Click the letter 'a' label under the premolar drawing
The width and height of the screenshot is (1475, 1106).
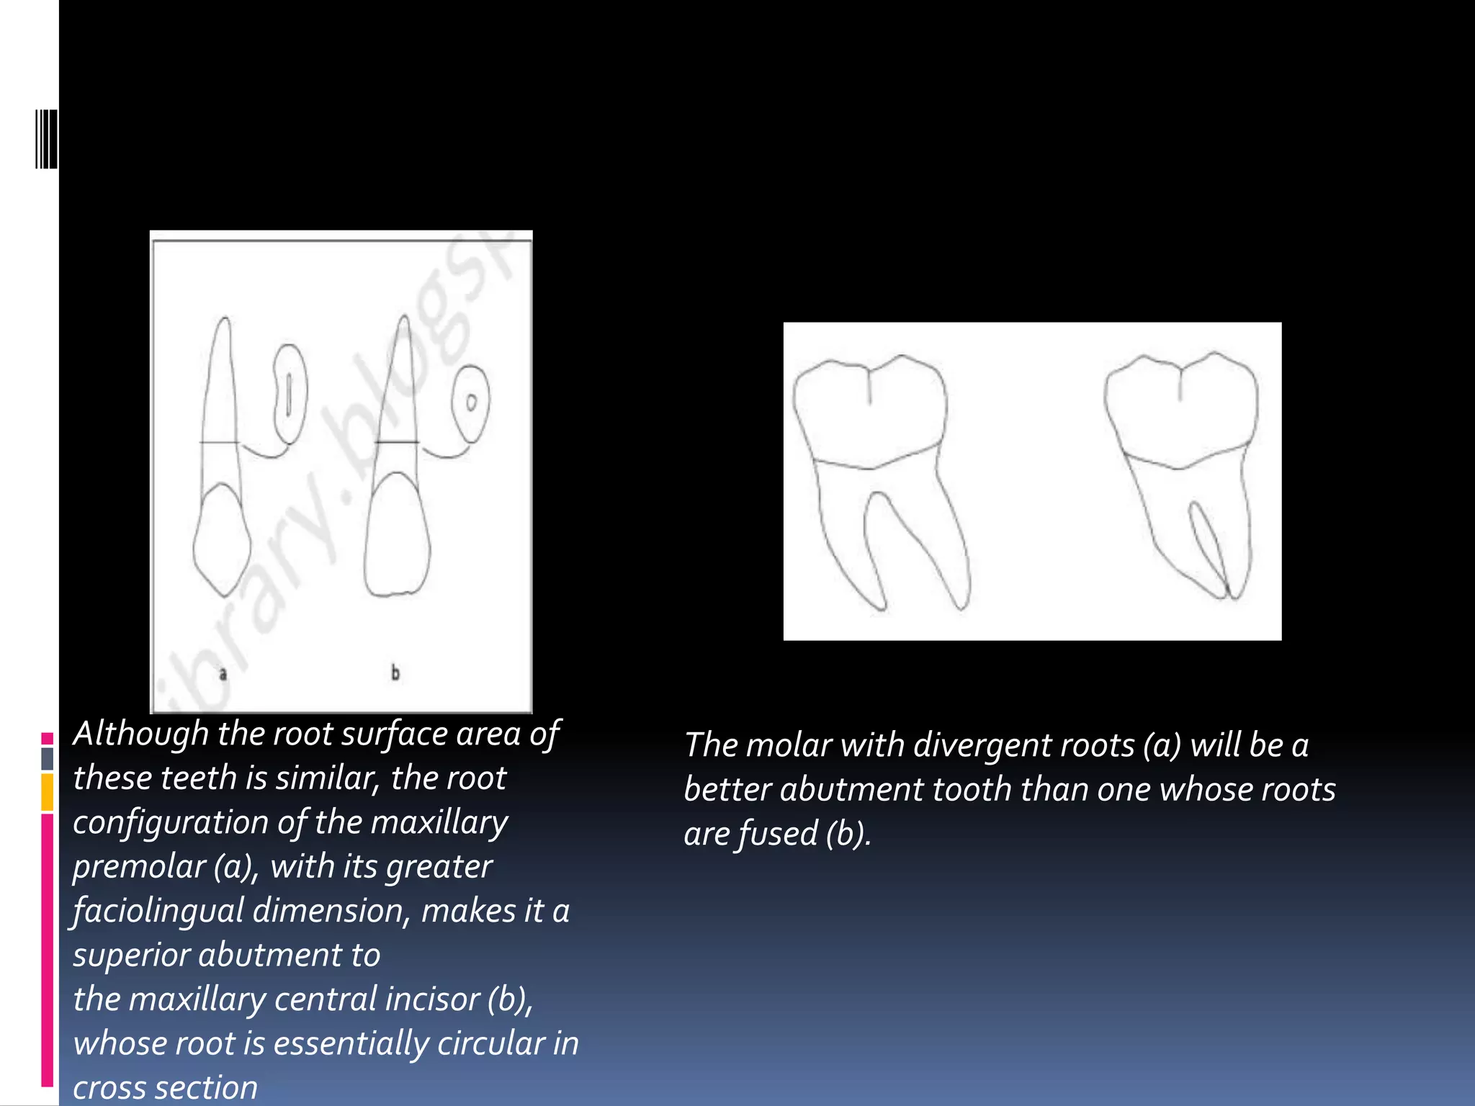pos(223,674)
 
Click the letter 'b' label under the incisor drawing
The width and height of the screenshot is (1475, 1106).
pos(395,673)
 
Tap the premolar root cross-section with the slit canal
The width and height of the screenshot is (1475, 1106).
pos(290,394)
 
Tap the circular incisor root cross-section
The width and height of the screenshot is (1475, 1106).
pos(471,403)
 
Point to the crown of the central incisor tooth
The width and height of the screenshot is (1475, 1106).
pos(397,536)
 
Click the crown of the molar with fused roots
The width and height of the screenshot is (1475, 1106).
pos(1181,410)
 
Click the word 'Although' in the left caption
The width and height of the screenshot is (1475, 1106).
pos(141,734)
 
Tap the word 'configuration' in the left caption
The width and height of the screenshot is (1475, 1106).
pos(171,823)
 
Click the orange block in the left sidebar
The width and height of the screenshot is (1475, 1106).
pos(48,792)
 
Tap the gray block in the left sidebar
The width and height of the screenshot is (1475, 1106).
pos(48,758)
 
